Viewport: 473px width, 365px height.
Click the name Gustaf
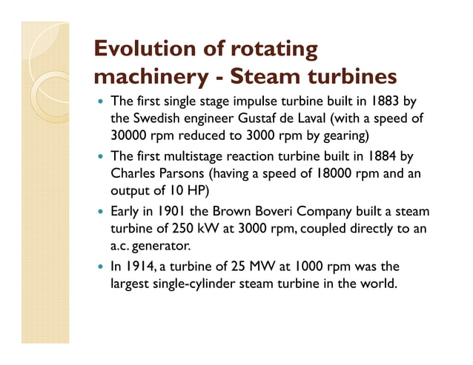259,118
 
